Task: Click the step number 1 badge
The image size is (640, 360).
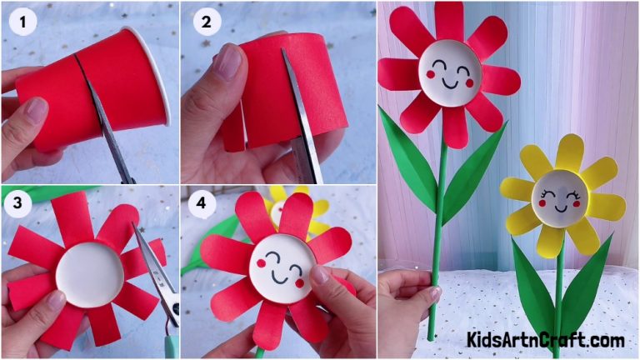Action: tap(22, 22)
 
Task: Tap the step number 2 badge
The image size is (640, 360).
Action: tap(203, 22)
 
